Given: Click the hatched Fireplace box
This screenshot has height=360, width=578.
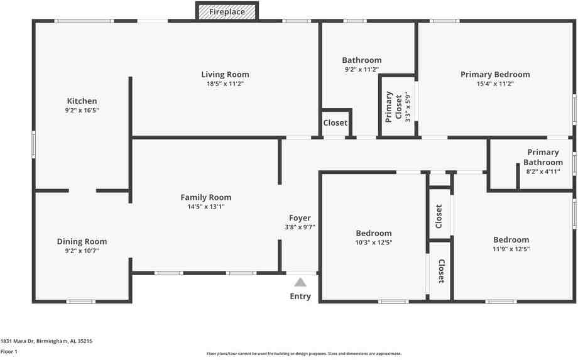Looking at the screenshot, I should click(x=226, y=11).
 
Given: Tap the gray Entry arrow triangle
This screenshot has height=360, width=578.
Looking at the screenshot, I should click(x=300, y=282).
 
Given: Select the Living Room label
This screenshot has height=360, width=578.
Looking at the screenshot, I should click(x=225, y=74).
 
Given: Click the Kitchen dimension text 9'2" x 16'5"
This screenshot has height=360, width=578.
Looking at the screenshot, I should click(x=82, y=110).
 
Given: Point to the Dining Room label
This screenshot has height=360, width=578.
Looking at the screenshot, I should click(x=82, y=241).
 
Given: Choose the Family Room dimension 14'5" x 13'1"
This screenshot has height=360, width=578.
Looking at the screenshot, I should click(x=206, y=206).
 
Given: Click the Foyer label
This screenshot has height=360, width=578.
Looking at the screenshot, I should click(x=300, y=218).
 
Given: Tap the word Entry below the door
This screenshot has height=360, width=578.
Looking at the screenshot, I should click(x=300, y=296).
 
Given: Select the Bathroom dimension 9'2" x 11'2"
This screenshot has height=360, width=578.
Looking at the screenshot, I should click(x=361, y=69).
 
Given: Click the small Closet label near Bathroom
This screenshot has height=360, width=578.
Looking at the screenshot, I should click(x=335, y=123).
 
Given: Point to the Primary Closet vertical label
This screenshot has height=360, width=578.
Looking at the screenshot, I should click(x=393, y=106).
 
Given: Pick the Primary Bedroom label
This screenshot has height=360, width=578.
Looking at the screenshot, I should click(x=495, y=74).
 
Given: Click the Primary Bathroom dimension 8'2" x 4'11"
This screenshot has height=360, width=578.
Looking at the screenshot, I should click(x=543, y=172).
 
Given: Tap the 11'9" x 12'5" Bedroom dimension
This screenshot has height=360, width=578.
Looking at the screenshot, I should click(x=511, y=249).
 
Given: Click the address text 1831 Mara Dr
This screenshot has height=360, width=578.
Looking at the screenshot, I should click(x=46, y=341).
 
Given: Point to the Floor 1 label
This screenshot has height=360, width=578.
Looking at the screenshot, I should click(x=9, y=351).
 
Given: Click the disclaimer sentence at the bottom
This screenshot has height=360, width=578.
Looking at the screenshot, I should click(x=303, y=354).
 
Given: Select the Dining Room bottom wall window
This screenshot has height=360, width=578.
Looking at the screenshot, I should click(x=81, y=302).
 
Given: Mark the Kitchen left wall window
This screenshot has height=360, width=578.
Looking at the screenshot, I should click(x=34, y=143).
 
